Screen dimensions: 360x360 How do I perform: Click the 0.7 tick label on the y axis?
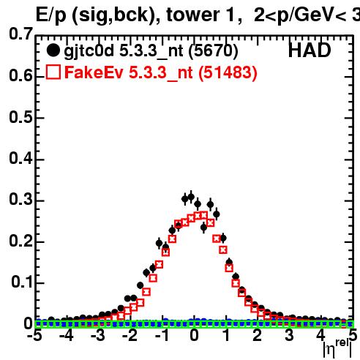(20, 34)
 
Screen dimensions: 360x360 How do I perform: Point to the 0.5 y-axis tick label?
(20, 117)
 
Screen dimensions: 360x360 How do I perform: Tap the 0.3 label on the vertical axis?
(20, 199)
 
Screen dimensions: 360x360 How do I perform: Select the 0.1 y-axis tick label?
(22, 282)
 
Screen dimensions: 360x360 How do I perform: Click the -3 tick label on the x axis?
(98, 335)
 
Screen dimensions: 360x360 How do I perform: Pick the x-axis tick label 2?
(258, 335)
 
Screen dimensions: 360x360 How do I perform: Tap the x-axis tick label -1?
(162, 335)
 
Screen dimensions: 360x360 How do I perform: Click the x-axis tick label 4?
(321, 335)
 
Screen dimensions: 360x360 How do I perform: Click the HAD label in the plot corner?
(310, 50)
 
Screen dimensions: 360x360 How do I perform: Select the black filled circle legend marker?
(53, 50)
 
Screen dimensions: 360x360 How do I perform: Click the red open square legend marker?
(53, 72)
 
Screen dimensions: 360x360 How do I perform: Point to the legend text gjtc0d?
(89, 51)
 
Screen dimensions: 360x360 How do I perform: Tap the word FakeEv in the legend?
(94, 72)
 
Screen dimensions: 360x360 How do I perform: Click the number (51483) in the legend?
(228, 73)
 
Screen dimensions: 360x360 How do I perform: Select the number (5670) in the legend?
(214, 51)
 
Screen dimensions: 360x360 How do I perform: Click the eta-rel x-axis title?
(337, 349)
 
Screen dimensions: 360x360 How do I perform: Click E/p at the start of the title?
(51, 15)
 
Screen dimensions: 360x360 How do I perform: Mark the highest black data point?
(191, 196)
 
